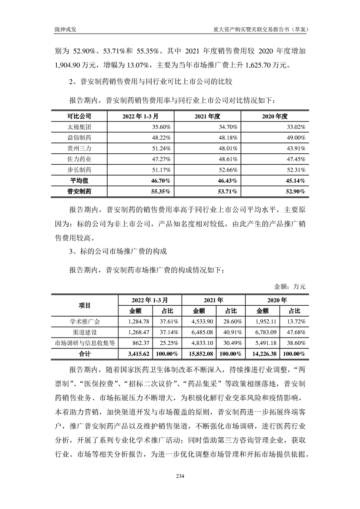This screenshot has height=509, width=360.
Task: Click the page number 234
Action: coord(180,475)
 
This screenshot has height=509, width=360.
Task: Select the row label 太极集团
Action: coord(79,127)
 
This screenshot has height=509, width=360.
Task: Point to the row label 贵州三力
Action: coord(79,148)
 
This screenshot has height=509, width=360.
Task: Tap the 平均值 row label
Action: coord(79,181)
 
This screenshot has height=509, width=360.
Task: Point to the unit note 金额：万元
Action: coord(291,286)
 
